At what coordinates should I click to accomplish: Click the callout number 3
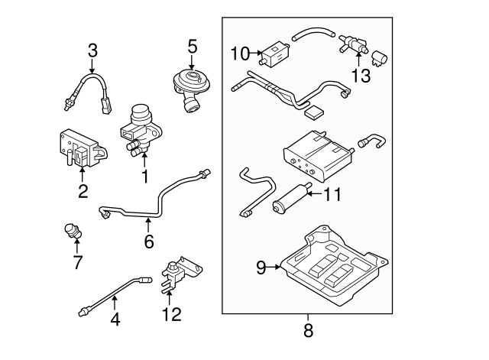[x=92, y=51]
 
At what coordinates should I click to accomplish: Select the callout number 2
[x=83, y=191]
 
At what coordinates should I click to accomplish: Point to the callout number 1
[x=143, y=177]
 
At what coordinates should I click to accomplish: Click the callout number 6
[x=148, y=242]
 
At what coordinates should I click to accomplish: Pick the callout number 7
[x=76, y=264]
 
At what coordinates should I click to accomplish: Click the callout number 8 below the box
[x=308, y=331]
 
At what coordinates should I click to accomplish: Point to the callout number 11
[x=331, y=194]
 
